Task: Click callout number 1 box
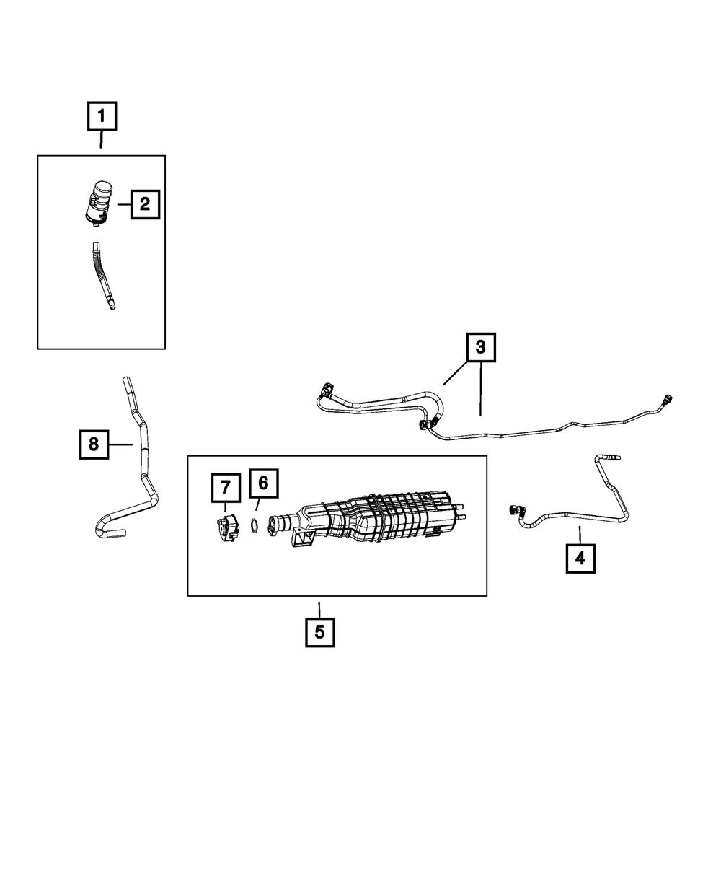102,115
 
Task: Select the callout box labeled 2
144,204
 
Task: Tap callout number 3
481,347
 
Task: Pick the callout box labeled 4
580,558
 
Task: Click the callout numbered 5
319,632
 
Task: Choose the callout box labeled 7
225,488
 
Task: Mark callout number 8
94,444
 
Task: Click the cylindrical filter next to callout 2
99,201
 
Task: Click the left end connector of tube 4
516,511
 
